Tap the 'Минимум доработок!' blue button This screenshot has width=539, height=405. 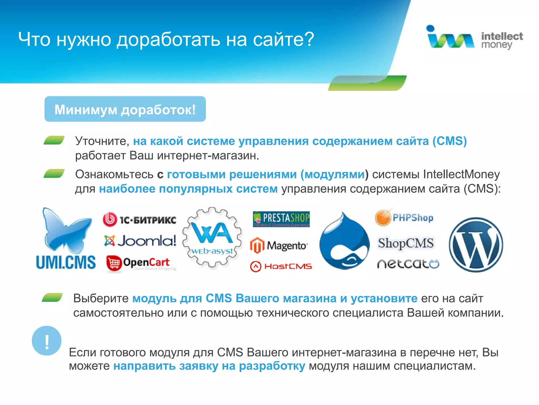pos(125,109)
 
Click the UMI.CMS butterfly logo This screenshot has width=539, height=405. pos(66,239)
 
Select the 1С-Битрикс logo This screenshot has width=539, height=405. pos(139,220)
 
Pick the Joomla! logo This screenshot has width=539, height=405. pos(140,241)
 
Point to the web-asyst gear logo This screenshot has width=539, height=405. pos(212,237)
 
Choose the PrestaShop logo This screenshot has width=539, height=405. pos(281,219)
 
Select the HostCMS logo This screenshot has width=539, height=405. pos(281,266)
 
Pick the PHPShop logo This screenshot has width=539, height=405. pos(404,218)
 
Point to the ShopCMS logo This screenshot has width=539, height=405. pos(406,243)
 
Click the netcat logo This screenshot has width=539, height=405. pos(408,264)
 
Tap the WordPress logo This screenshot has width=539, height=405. pos(476,245)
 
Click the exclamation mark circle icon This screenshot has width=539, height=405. pos(47,341)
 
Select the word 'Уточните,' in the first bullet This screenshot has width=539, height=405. pos(102,141)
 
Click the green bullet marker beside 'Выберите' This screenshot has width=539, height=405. pos(52,297)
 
